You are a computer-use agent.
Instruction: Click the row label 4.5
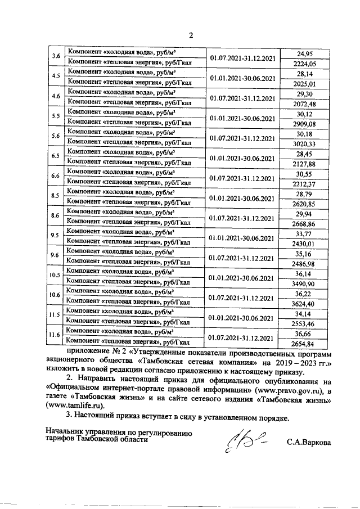tap(56, 76)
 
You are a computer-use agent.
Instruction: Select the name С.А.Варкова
tap(308, 443)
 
